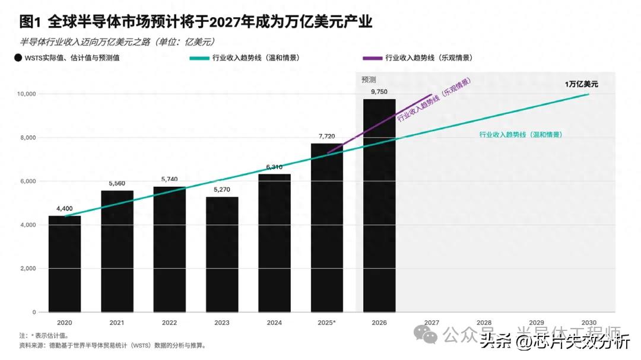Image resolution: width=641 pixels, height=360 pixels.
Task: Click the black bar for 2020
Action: point(65,264)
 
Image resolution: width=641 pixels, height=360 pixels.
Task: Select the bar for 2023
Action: point(222,254)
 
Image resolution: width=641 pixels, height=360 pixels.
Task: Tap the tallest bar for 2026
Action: point(379,205)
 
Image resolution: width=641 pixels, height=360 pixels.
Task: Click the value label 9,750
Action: point(379,91)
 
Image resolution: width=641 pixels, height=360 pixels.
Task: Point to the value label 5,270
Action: point(222,190)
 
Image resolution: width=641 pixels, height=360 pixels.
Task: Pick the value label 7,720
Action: point(327,136)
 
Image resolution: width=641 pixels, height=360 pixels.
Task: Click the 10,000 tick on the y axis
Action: point(26,94)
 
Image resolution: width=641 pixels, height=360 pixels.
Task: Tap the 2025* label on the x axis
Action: point(327,323)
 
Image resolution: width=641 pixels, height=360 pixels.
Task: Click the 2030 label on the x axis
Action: point(589,323)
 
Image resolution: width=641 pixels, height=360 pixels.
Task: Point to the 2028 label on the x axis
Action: point(484,323)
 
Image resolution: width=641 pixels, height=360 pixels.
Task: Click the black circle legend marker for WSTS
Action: point(18,58)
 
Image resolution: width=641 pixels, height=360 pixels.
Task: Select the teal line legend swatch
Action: point(198,58)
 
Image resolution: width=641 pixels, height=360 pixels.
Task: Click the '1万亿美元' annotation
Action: point(581,84)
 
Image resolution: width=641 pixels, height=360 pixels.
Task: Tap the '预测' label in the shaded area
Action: point(369,79)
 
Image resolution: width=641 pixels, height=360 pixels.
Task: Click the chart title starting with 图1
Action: point(196,22)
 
